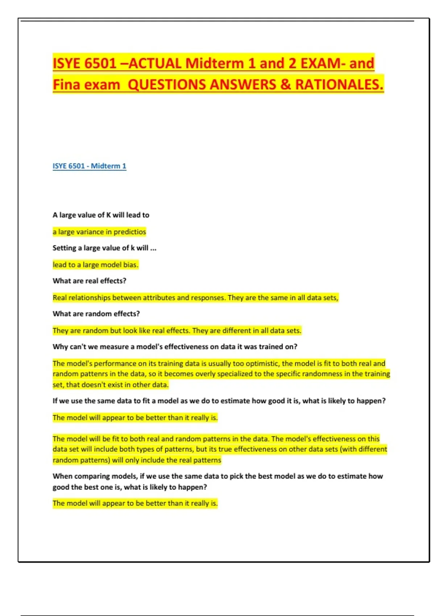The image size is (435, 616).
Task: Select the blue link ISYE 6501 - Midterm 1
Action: coord(89,166)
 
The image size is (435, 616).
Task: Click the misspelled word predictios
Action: coord(129,232)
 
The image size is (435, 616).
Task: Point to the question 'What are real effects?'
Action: coord(89,281)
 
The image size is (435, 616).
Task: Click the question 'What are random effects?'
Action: coord(96,314)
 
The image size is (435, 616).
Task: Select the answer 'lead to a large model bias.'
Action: coord(95,265)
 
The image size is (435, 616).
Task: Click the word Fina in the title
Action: coord(66,85)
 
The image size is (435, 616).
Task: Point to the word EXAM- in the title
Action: coord(321,63)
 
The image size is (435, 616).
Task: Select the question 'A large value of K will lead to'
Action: coord(101,215)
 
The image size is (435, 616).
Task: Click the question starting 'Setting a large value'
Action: coord(104,248)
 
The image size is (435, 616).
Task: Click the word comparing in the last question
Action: coord(92,476)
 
